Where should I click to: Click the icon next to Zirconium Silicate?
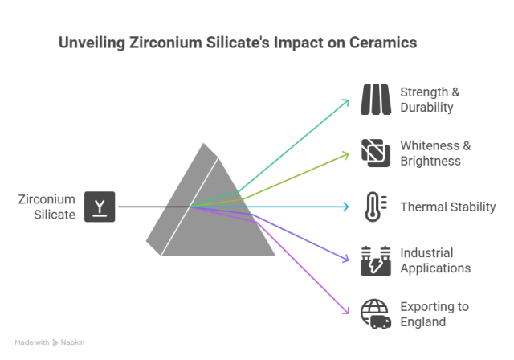point(100,206)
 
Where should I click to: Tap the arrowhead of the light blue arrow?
point(349,207)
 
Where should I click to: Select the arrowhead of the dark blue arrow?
point(349,259)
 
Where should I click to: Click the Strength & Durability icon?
point(374,100)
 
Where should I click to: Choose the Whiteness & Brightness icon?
point(374,153)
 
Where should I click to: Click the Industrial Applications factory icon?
point(374,260)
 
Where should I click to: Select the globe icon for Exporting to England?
point(374,313)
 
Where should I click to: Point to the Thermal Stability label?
point(447,207)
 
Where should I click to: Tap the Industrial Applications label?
point(434,260)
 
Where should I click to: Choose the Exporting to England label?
point(434,313)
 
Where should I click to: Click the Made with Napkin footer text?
point(50,343)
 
